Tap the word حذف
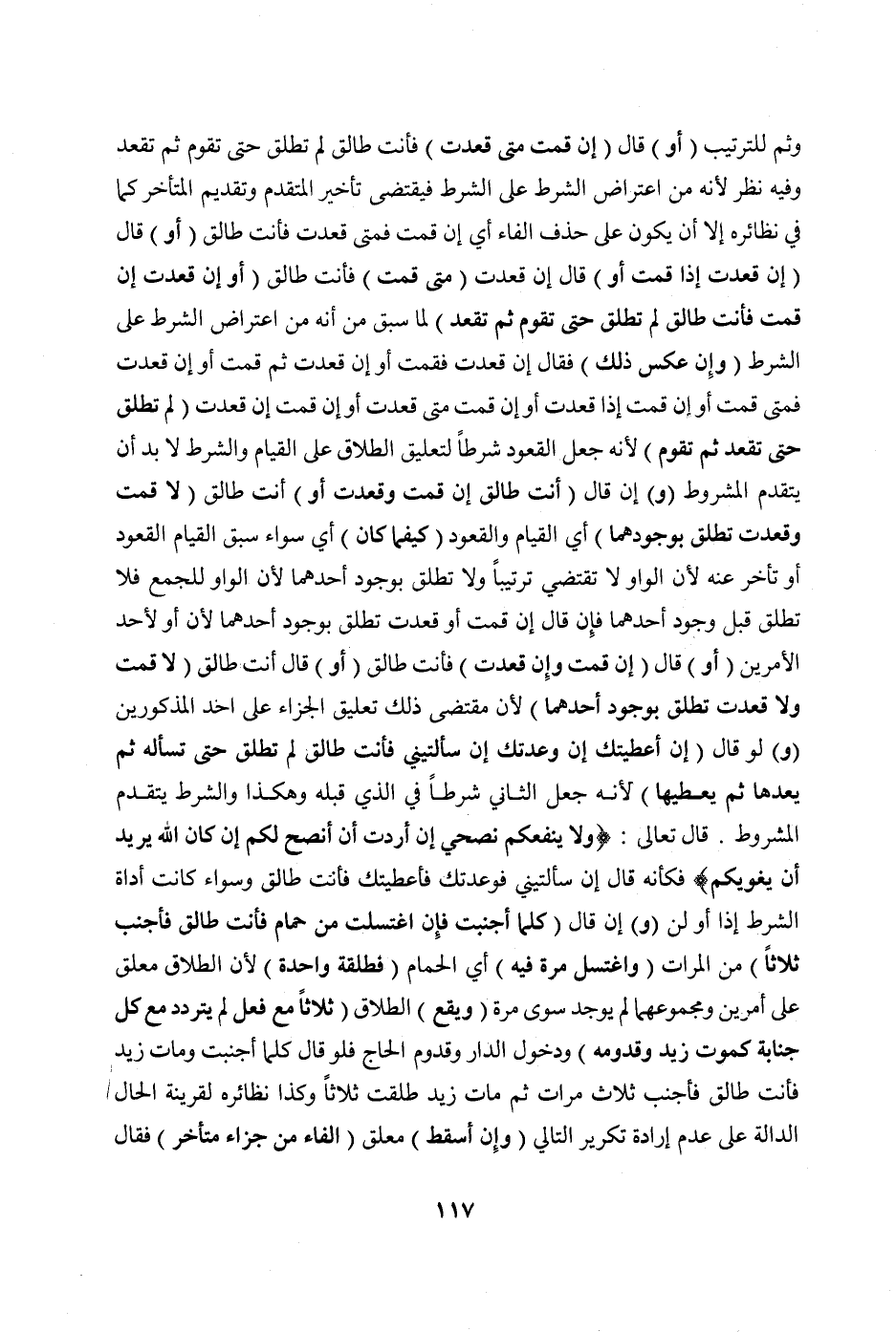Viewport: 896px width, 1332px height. tap(559, 227)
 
